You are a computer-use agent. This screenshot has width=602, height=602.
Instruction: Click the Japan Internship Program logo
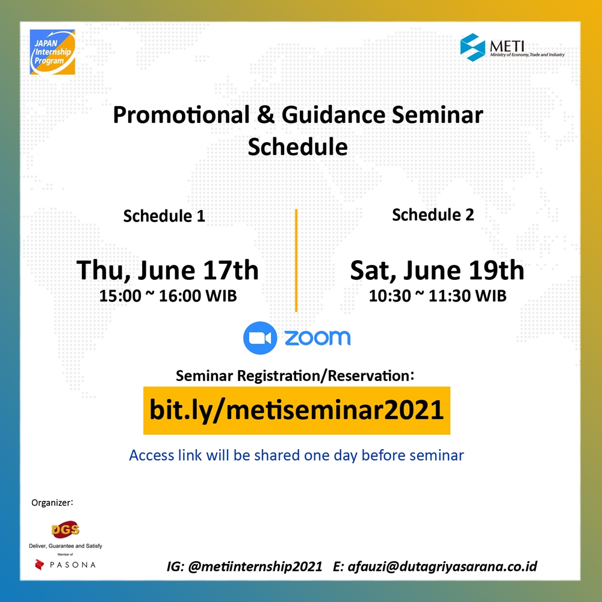coord(52,52)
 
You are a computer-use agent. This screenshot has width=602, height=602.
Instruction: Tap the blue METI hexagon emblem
coord(473,47)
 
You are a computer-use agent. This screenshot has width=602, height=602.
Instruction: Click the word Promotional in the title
coord(181,115)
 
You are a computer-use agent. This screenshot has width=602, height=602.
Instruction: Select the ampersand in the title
coord(265,114)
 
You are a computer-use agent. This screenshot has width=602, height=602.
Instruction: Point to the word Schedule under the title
coord(297,147)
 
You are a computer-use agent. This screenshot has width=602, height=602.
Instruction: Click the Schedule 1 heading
coord(164,216)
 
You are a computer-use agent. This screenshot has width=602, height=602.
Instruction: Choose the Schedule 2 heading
coord(433,215)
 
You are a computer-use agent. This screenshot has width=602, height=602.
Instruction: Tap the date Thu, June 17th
coord(167,270)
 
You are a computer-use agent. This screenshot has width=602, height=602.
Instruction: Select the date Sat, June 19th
coord(437,270)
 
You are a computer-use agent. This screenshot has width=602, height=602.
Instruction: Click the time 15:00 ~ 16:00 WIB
coord(168,296)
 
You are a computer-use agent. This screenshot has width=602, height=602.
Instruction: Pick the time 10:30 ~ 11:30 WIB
coord(438,296)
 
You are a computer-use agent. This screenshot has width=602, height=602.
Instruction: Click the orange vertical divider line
coord(296,260)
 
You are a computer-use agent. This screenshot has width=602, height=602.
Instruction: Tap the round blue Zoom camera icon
coord(260,338)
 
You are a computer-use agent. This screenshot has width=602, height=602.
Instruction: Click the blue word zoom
coord(317,338)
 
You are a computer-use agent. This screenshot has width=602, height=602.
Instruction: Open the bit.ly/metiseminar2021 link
coord(296,410)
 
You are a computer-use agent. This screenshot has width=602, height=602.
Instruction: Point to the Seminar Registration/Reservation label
coord(295,376)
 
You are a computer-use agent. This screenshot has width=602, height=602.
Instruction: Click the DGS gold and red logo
coord(65,530)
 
